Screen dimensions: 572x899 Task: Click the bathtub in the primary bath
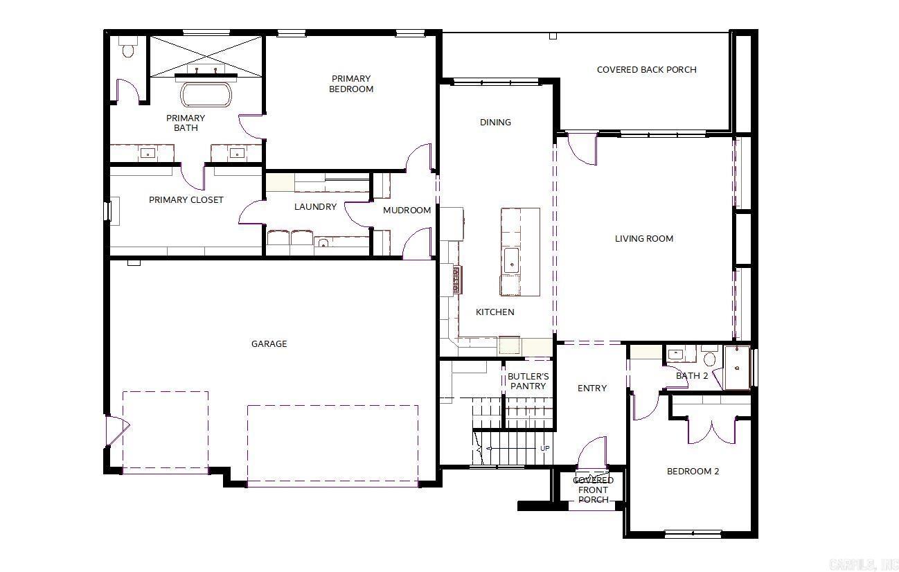click(x=207, y=94)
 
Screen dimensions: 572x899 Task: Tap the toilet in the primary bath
click(x=127, y=48)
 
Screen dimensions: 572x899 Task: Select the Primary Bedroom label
click(x=350, y=84)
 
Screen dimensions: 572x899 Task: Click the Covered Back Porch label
click(x=646, y=69)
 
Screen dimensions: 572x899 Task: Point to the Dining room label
click(x=495, y=122)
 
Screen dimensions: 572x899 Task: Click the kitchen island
click(x=520, y=251)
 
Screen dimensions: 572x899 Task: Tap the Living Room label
click(x=644, y=238)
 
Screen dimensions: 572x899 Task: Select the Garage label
click(x=269, y=343)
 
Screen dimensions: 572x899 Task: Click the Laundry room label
click(x=315, y=206)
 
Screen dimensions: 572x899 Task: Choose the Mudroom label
click(x=407, y=210)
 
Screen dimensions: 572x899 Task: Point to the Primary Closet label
click(x=186, y=199)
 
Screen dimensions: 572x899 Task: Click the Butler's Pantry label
click(x=528, y=382)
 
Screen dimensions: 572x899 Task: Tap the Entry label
click(x=592, y=388)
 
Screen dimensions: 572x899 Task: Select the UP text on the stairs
click(x=545, y=449)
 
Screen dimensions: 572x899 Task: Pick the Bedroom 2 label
click(x=693, y=471)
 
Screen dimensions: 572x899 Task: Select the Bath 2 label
click(x=692, y=375)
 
